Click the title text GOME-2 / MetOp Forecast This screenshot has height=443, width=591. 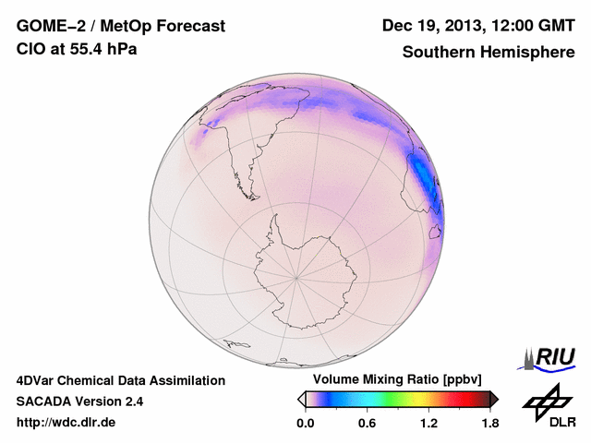coord(120,27)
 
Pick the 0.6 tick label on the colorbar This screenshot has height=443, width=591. coord(367,423)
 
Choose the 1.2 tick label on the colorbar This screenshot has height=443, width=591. coord(428,423)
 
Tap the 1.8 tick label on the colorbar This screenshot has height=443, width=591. coord(489,423)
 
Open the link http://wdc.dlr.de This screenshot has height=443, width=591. coord(66,423)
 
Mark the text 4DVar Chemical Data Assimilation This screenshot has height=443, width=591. coord(121,380)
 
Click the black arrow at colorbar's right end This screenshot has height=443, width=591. coord(494,399)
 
